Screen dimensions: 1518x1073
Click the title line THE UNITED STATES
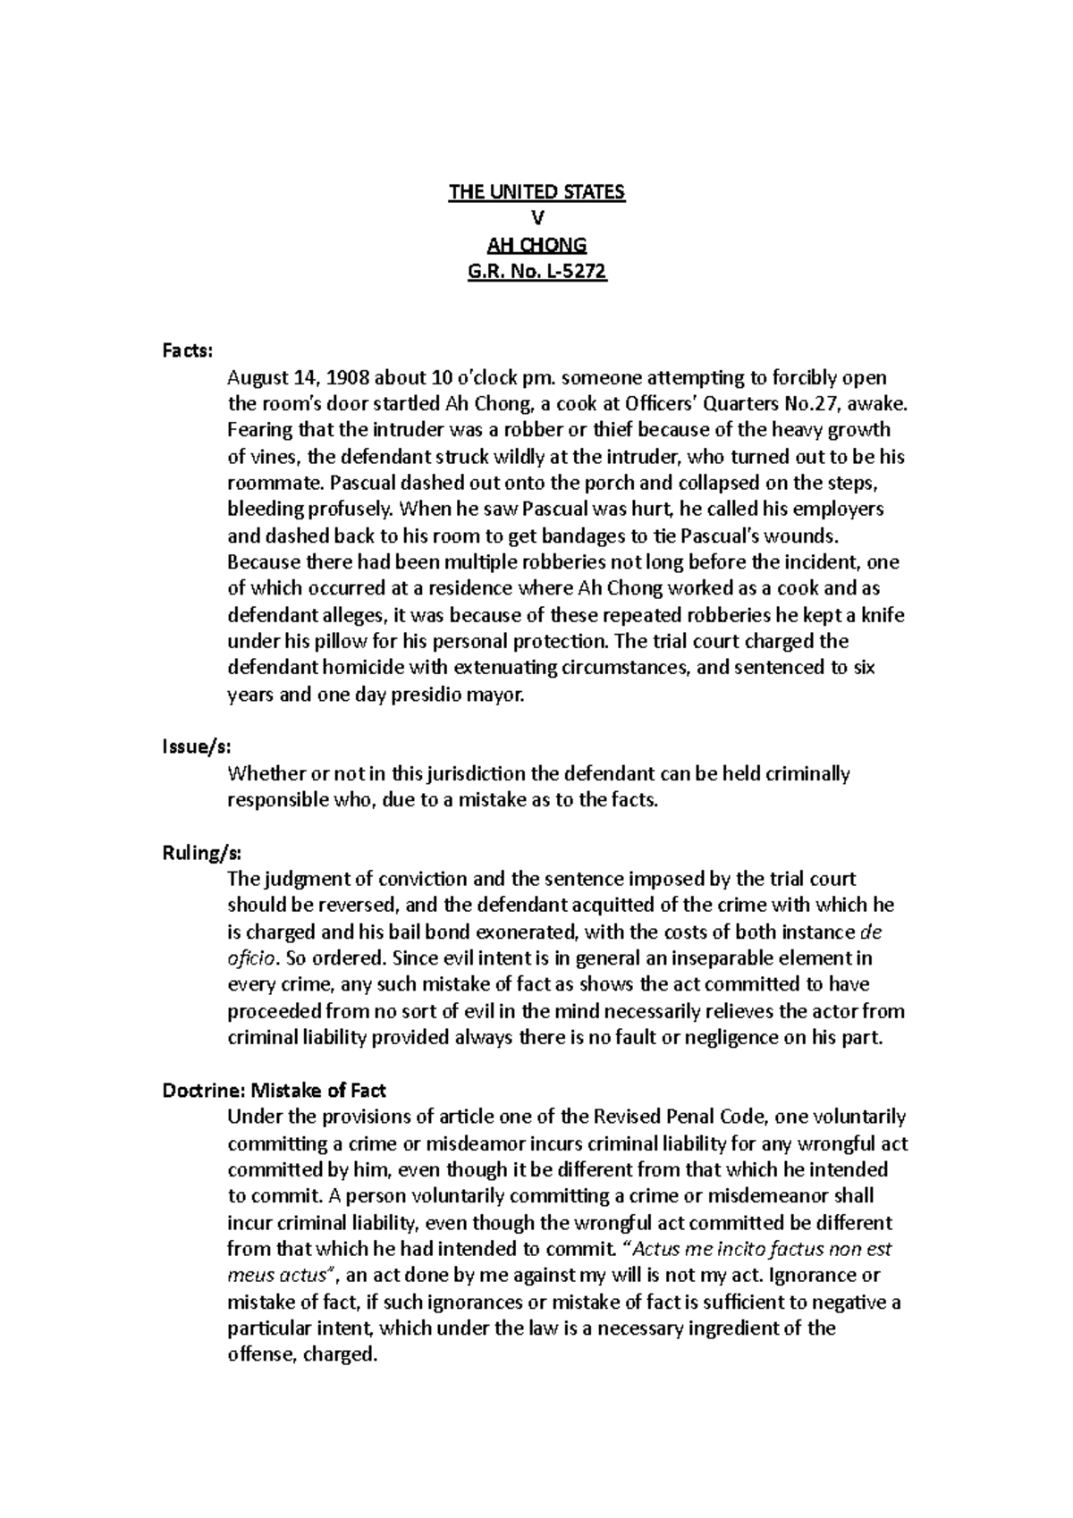536,192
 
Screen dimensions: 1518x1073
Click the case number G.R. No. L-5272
536,272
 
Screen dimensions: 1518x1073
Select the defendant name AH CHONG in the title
536,245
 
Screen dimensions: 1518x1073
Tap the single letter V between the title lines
536,219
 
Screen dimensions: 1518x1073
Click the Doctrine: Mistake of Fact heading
274,1090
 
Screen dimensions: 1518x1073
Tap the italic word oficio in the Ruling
251,958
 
